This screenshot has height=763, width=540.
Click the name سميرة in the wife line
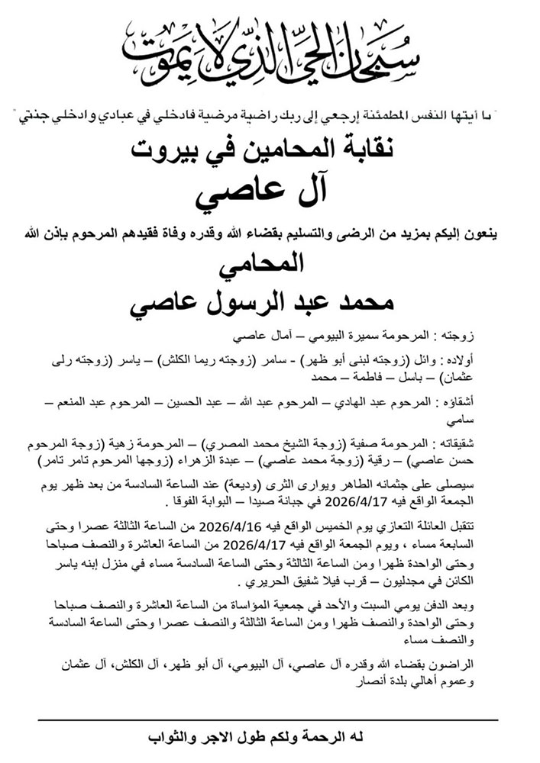pos(377,335)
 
